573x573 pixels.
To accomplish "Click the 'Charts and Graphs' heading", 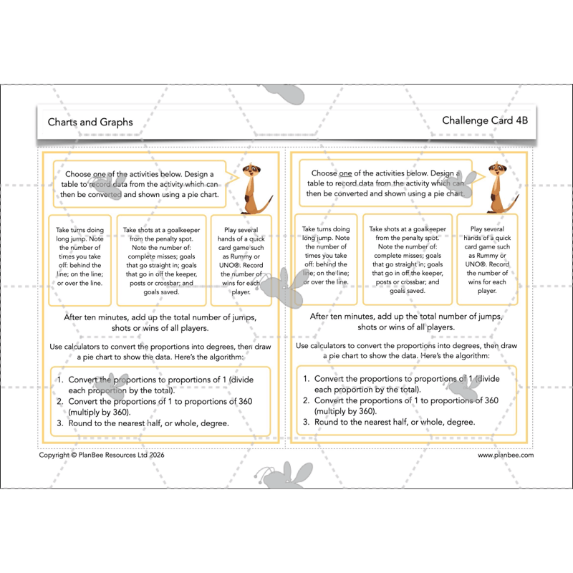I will tap(90, 122).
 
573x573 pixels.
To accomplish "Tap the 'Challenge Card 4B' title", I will tap(484, 120).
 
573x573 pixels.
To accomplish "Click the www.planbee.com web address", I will tap(506, 455).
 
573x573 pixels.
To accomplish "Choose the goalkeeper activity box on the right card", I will tap(407, 259).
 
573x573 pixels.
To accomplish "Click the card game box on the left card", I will tap(241, 261).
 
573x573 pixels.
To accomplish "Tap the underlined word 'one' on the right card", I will tap(345, 173).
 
